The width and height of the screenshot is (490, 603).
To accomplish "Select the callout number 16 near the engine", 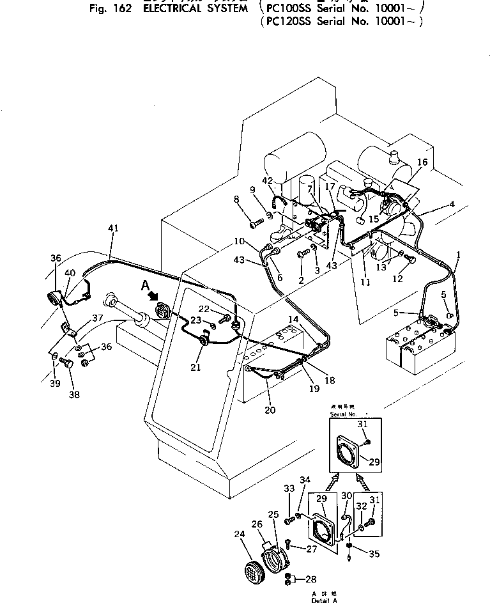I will click(x=422, y=163).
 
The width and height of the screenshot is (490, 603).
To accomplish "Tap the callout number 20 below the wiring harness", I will click(x=270, y=410).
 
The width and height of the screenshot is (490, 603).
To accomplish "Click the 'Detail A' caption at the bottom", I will click(x=323, y=600).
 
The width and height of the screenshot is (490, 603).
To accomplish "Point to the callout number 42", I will click(x=267, y=181).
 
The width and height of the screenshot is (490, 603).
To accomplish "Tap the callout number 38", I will click(x=75, y=395).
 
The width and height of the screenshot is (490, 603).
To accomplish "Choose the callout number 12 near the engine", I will click(x=397, y=279).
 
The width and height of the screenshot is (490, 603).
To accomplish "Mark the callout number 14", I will click(x=293, y=318).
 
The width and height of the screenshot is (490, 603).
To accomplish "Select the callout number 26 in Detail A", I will click(x=257, y=524).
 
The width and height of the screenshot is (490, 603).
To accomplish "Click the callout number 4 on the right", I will click(x=451, y=205).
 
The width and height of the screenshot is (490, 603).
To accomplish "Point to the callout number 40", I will click(x=70, y=273).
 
